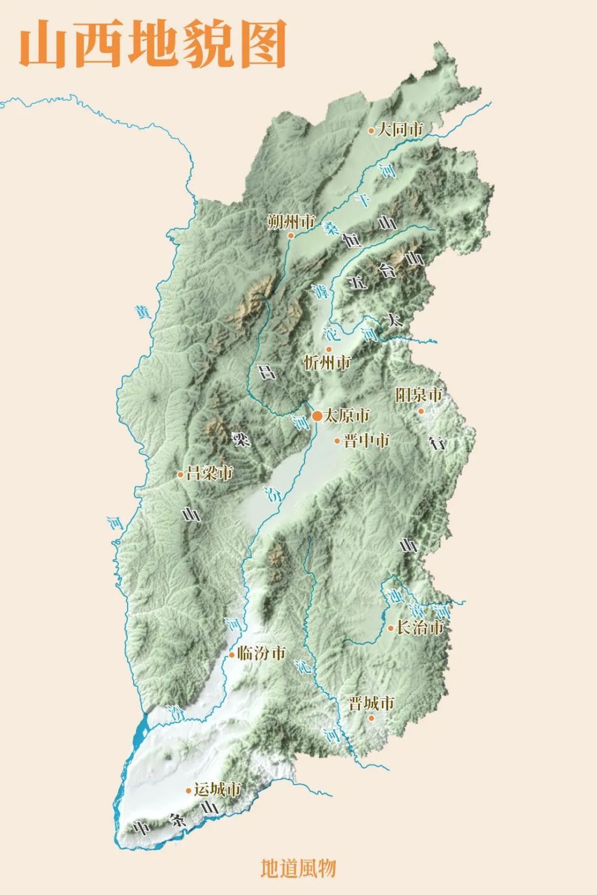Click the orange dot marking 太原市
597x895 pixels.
click(316, 415)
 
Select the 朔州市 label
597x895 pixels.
click(291, 223)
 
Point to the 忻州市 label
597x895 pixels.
click(328, 362)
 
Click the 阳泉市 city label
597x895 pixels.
click(419, 395)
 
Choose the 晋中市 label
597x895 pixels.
click(367, 440)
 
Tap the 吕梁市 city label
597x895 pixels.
click(209, 474)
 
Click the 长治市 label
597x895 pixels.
click(421, 627)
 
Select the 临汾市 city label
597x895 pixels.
click(261, 653)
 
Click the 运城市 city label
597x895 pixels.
click(217, 789)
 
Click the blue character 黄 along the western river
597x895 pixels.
click(141, 312)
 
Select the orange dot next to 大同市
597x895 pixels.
click(371, 130)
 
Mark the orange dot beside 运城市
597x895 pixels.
click(189, 791)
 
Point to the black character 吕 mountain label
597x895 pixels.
click(266, 372)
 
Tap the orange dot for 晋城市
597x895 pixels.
click(371, 718)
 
